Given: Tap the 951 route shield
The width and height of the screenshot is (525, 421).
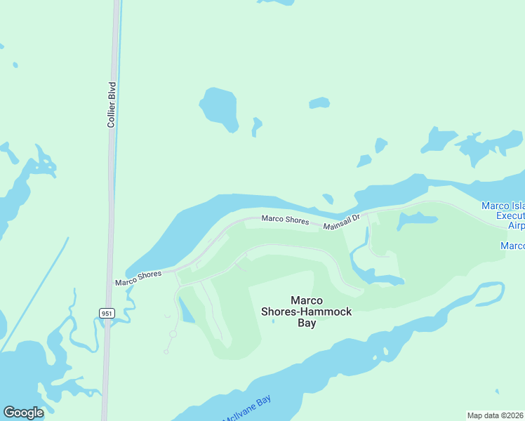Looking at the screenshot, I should [x=106, y=313].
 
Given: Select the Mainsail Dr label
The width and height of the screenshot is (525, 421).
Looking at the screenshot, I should [x=341, y=222].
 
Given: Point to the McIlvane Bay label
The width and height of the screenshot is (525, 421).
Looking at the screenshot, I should [x=246, y=409].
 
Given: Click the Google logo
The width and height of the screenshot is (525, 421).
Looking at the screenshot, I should [x=23, y=413].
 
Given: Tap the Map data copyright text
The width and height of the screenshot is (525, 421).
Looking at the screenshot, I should [x=496, y=415].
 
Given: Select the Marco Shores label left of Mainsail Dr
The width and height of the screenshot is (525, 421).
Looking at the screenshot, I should [x=285, y=220].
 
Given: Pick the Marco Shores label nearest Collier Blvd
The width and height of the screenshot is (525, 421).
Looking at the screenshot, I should [x=139, y=278].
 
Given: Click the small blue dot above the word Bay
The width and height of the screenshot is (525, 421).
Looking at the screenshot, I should [x=274, y=322].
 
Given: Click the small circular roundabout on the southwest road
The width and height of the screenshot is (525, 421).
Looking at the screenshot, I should [x=173, y=334].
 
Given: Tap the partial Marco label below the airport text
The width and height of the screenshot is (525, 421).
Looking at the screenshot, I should [x=512, y=246].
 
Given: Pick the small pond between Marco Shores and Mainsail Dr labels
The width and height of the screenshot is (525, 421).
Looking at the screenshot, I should [x=328, y=199].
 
